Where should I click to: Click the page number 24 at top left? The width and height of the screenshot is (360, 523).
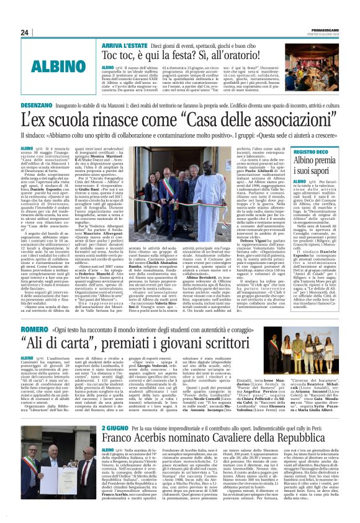(x=25, y=32)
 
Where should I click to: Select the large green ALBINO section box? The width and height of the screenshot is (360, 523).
(x=56, y=66)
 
